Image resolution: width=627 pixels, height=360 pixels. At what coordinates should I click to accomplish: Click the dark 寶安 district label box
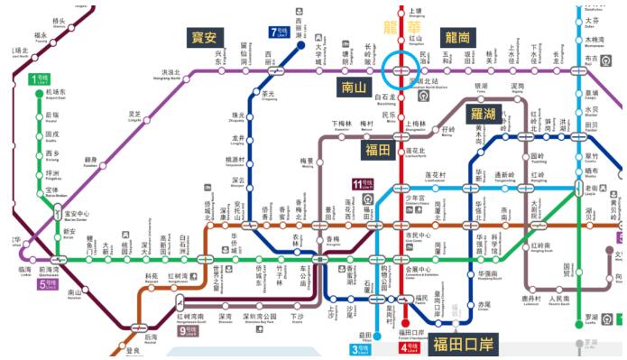click(x=204, y=37)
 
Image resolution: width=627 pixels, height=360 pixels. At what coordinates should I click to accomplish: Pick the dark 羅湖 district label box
click(x=485, y=114)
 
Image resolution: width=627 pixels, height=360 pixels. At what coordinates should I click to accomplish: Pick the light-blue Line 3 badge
click(x=355, y=348)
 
